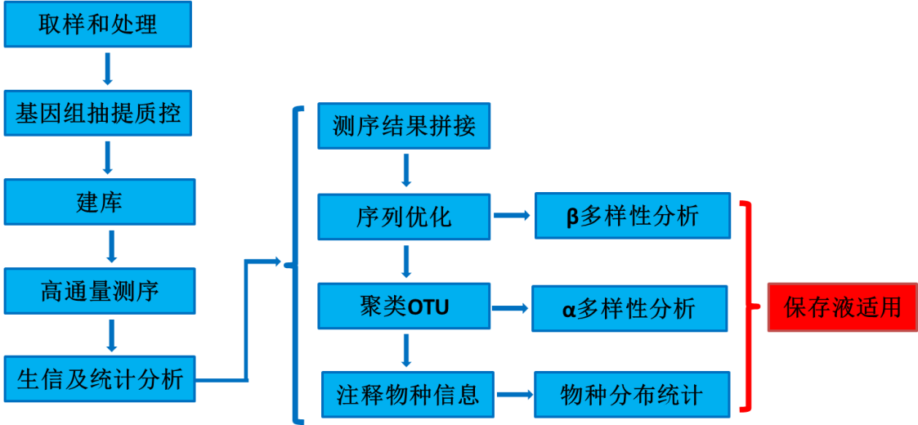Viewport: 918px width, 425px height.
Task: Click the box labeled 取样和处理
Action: [98, 25]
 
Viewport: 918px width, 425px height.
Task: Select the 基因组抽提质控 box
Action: [98, 114]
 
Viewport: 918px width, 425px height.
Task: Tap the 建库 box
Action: [100, 201]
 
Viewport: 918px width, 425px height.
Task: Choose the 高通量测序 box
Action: [100, 290]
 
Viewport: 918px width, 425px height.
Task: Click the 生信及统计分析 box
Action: [100, 378]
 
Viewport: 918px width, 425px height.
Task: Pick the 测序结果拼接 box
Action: [404, 126]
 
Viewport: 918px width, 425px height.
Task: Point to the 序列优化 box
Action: [404, 217]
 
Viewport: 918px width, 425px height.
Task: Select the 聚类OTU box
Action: [404, 307]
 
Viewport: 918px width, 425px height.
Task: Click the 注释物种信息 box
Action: [407, 395]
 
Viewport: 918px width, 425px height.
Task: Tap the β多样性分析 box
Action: [633, 216]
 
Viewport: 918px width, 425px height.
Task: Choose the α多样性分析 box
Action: [629, 308]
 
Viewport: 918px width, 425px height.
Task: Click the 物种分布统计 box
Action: [631, 396]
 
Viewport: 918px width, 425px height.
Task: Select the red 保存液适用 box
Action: [842, 307]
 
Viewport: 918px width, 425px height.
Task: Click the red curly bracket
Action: [747, 307]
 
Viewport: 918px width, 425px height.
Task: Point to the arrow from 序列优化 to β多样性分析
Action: [512, 216]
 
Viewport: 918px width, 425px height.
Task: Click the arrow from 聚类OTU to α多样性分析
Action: [510, 308]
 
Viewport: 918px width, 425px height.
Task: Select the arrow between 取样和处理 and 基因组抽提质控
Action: [107, 69]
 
